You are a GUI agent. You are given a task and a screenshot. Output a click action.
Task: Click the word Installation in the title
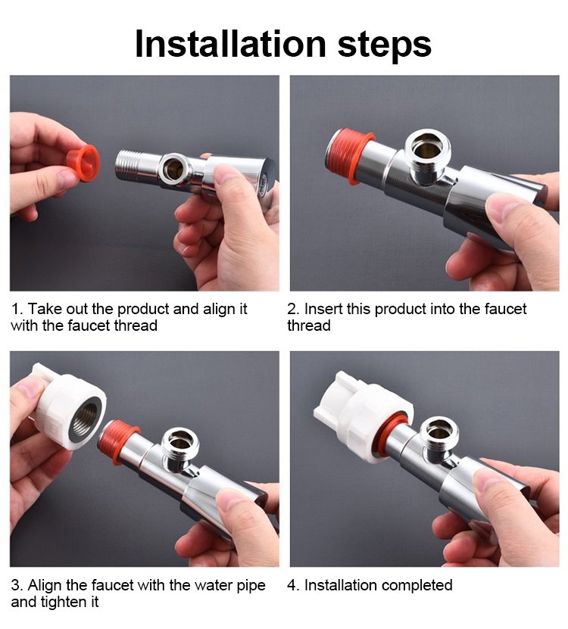(230, 43)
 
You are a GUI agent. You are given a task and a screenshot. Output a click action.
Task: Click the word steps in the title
(385, 45)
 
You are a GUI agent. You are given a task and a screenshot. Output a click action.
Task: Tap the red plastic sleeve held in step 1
(83, 163)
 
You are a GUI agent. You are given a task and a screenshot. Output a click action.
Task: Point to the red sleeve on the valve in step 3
(117, 441)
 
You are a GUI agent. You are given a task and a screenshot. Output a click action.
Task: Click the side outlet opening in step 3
(179, 441)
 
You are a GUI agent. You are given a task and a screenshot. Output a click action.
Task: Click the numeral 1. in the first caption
(17, 310)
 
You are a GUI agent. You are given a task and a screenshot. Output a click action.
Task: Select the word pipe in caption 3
(251, 586)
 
